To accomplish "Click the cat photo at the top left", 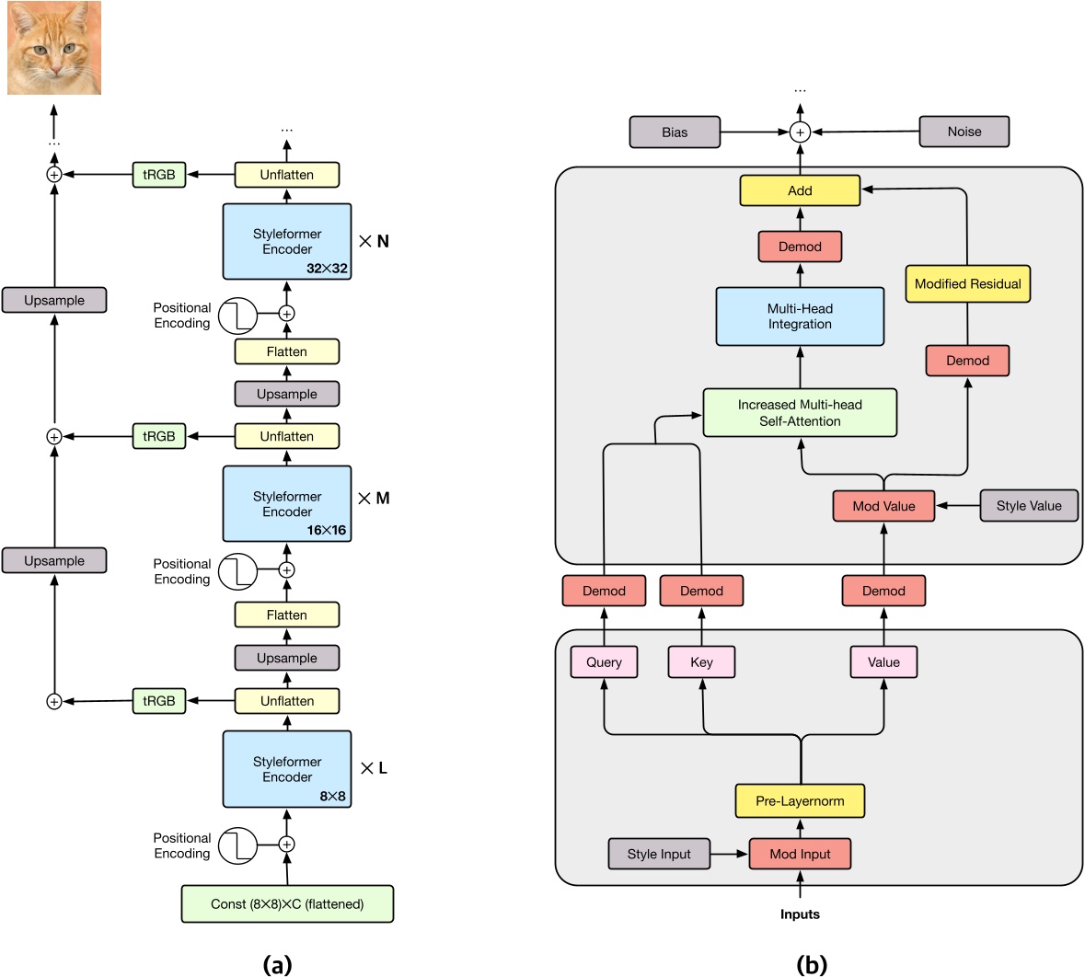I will coord(53,48).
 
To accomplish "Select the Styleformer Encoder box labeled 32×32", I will coord(287,241).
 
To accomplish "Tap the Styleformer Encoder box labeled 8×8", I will coord(287,769).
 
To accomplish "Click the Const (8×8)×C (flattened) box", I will coord(287,903).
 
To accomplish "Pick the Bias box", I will coord(675,132).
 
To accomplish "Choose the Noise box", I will coord(964,132).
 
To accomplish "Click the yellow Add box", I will coord(800,190).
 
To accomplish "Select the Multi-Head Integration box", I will coord(800,316).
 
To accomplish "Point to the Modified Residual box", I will coord(967,283).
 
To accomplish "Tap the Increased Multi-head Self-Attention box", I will coord(800,412).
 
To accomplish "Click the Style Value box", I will coord(1028,505).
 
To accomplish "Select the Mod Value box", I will coord(883,506).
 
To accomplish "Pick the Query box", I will coord(604,662).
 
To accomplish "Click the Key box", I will coord(701,662).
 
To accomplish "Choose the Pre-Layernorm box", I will coord(800,800).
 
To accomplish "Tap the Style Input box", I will coord(659,854).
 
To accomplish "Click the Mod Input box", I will coord(800,854).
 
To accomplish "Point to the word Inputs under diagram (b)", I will coord(800,914).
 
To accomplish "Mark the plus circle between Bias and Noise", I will coord(800,132).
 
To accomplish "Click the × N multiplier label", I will coord(374,241).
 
